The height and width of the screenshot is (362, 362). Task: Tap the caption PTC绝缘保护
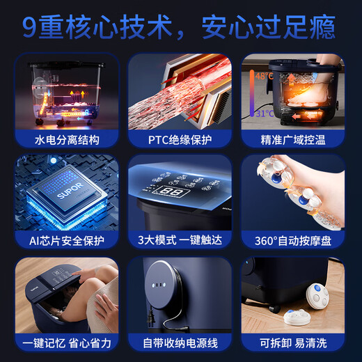[x=180, y=141]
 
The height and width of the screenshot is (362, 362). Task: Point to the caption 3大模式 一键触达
[x=180, y=242]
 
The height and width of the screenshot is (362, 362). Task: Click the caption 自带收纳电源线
[x=180, y=343]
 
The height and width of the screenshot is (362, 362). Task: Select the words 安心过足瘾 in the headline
[x=269, y=27]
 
